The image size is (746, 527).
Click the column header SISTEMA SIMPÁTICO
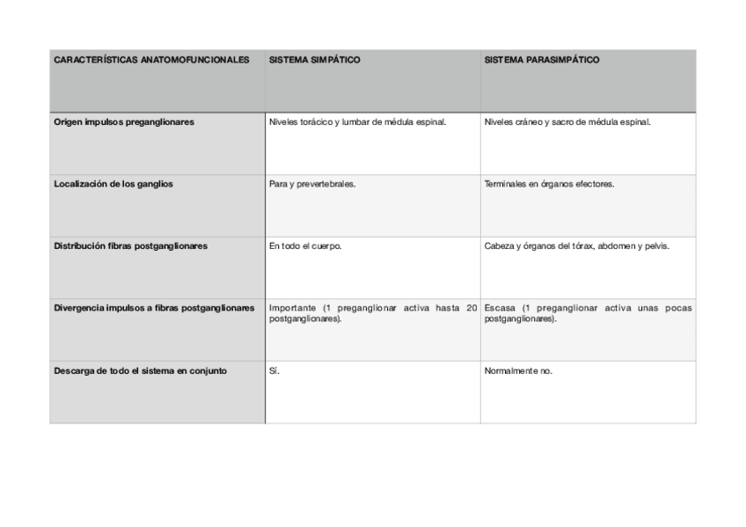coord(314,61)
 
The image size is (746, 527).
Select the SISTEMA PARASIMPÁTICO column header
coord(541,61)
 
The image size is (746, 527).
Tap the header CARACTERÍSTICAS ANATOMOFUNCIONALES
coord(151,61)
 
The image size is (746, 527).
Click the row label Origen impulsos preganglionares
coord(124,122)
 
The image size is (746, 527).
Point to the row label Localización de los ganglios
coord(113,185)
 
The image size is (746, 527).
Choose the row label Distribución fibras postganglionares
coord(130,246)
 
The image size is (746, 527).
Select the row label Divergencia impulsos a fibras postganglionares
coord(154,308)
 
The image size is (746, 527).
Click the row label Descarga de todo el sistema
coord(140,370)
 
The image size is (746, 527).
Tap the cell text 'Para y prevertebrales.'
coord(312,185)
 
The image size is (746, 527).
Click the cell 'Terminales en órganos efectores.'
coord(549,185)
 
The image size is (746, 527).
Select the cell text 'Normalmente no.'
coord(518,370)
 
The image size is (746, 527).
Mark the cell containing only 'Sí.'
coord(274,370)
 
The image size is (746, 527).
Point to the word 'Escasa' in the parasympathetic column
coord(499,308)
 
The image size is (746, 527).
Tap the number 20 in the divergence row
coord(472,308)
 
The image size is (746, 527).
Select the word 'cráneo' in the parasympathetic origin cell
coord(531,122)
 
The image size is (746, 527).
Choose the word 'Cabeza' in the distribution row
coord(499,246)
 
